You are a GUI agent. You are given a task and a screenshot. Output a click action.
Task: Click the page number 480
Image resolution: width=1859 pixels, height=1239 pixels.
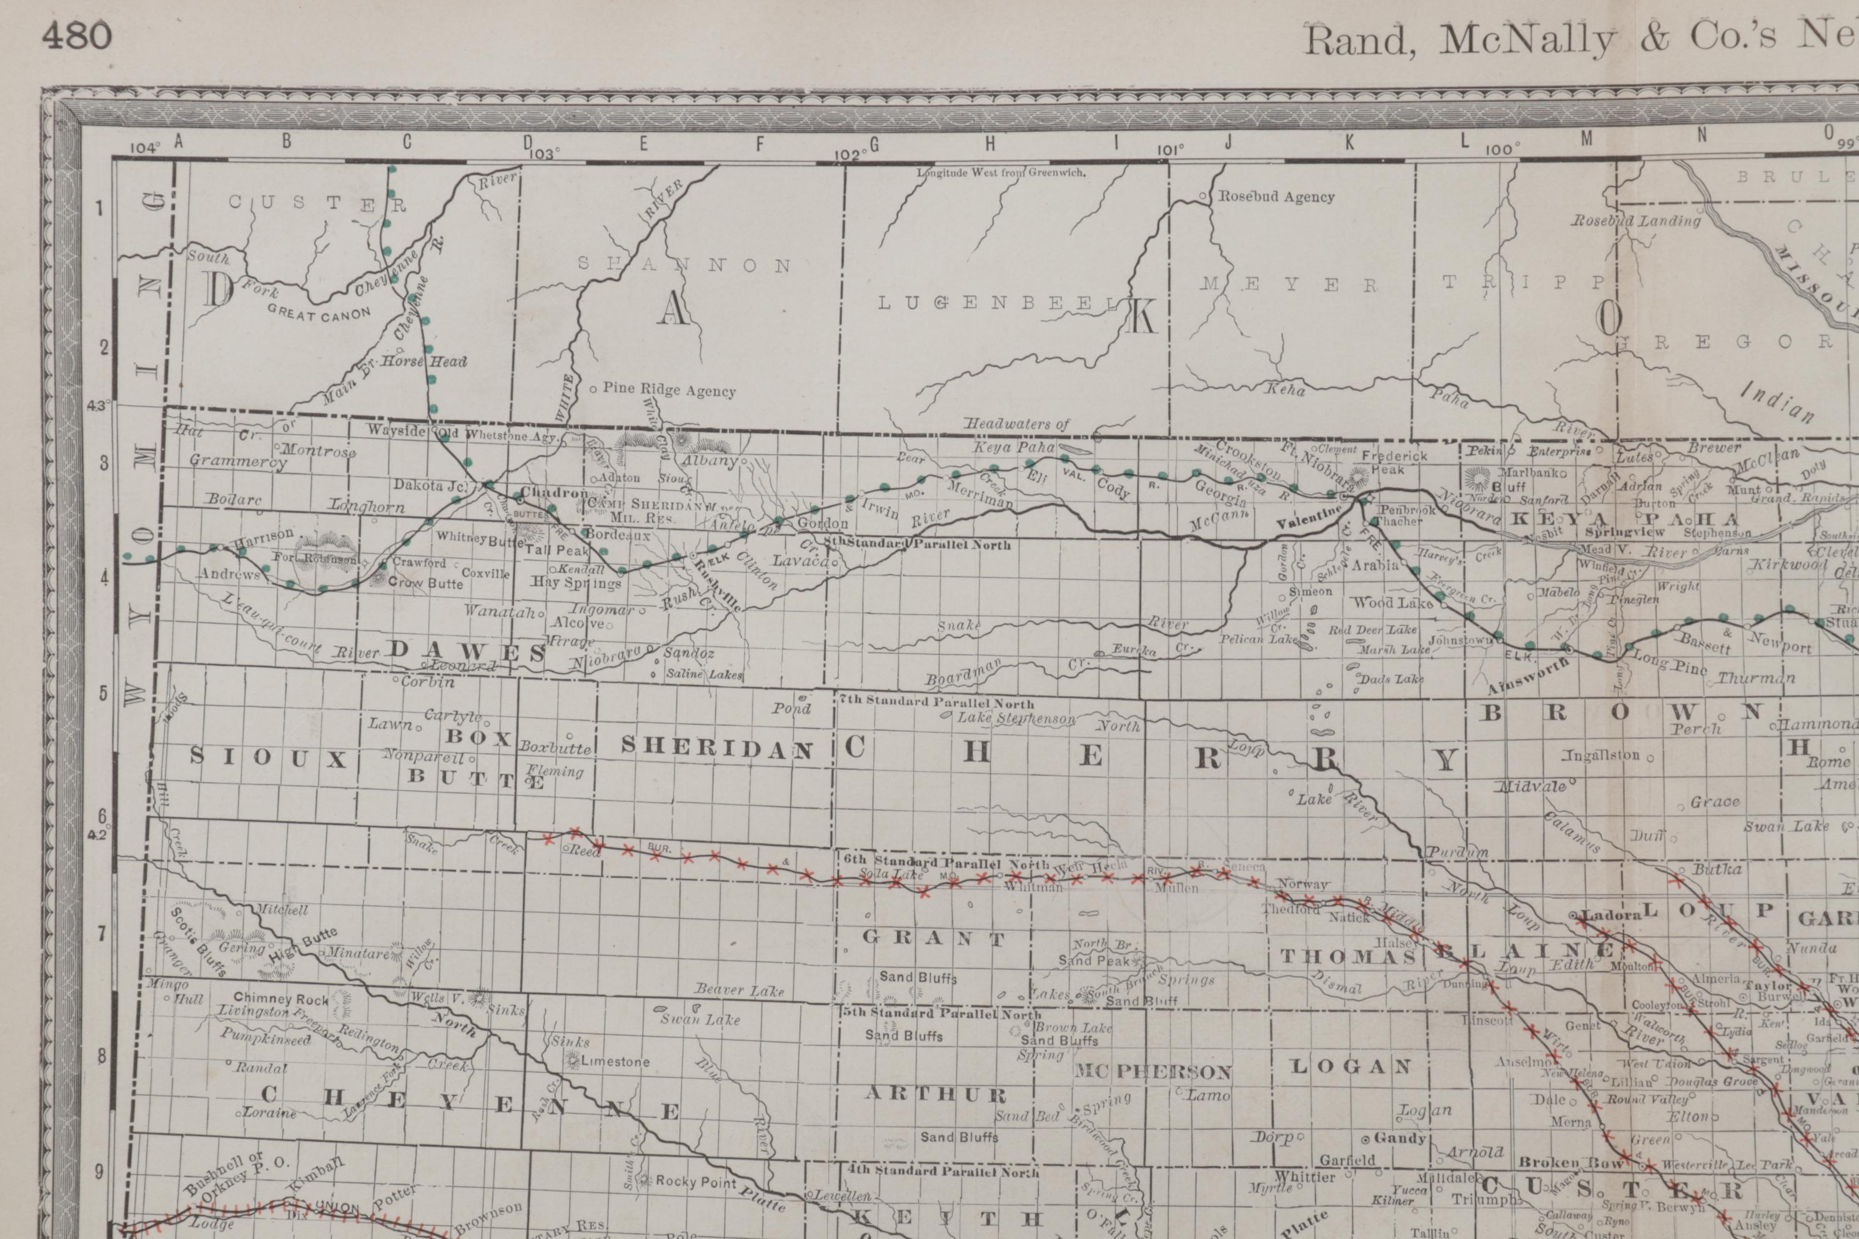coord(77,36)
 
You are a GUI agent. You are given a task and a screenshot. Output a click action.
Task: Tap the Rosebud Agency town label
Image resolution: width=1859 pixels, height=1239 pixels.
coord(1276,197)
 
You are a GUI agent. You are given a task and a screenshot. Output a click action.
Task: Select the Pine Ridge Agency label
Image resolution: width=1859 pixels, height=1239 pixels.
coord(668,390)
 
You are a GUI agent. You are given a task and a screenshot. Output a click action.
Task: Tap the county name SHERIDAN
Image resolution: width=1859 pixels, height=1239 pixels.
coord(717,748)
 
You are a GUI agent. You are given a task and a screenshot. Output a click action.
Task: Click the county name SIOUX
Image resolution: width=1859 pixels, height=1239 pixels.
coord(268,759)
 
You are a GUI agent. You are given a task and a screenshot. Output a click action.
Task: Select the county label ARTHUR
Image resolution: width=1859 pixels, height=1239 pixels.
coord(935,1094)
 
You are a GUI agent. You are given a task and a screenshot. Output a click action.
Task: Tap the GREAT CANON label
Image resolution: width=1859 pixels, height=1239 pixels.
coord(319,313)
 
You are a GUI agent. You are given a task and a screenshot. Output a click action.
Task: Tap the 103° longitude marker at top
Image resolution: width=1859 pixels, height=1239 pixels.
coord(542,153)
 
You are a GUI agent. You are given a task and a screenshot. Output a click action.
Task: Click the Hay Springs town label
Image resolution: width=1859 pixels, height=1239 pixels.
coord(575,583)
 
